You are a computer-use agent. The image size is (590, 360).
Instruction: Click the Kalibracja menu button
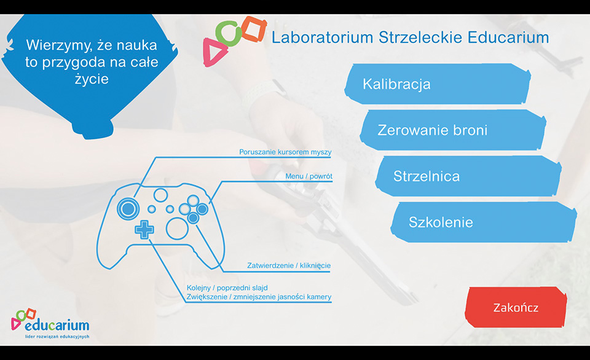(438, 84)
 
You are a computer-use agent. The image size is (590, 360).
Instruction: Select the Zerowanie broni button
(453, 130)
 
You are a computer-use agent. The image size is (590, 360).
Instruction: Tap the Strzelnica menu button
(468, 176)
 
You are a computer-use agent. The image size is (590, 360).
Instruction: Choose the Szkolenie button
(484, 222)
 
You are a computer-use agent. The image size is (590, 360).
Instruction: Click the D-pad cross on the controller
(144, 230)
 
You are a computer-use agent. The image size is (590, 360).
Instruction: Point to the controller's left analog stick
(128, 209)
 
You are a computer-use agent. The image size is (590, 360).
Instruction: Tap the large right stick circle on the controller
(177, 229)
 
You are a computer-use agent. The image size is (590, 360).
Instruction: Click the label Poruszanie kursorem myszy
(285, 152)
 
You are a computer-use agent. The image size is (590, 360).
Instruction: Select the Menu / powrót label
(309, 176)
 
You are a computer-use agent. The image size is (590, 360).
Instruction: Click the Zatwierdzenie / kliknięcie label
(289, 265)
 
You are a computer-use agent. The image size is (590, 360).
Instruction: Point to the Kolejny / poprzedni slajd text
(227, 288)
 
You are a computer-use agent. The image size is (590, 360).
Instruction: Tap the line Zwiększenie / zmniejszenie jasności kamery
(259, 297)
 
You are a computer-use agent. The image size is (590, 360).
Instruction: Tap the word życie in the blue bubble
(92, 79)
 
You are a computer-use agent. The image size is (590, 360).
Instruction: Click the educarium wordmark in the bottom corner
(57, 324)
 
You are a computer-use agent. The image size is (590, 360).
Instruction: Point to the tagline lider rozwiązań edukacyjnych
(57, 337)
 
